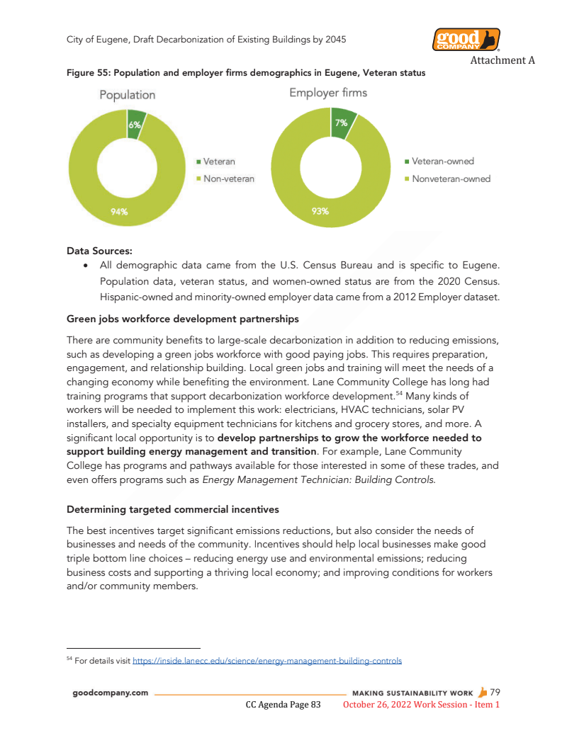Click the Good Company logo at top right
tap(466, 40)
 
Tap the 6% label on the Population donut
tap(135, 125)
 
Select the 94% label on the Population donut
tap(119, 211)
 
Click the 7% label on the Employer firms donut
tap(341, 123)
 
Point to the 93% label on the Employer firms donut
tap(320, 210)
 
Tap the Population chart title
tap(127, 94)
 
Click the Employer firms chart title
tap(328, 93)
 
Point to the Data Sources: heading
tap(99, 250)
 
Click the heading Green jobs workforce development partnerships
tap(182, 319)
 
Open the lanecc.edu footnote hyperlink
tap(267, 661)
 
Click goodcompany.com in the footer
tap(110, 693)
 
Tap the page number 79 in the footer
tap(495, 692)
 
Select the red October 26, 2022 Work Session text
tap(421, 705)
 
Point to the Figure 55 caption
tap(246, 73)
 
